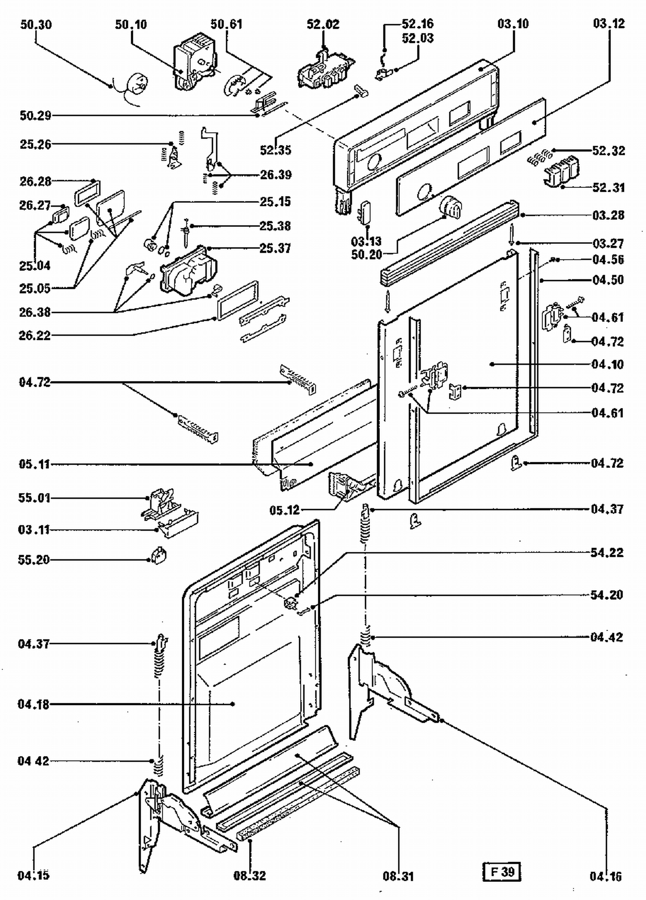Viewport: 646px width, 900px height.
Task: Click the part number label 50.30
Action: point(36,25)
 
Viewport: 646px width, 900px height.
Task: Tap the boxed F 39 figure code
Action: point(502,872)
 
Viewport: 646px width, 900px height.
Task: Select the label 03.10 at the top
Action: point(513,24)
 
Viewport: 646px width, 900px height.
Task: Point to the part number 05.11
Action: point(34,464)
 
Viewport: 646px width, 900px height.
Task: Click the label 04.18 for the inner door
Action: point(34,704)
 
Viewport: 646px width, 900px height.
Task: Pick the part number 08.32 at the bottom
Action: point(250,875)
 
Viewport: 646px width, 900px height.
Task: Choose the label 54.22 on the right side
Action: point(607,552)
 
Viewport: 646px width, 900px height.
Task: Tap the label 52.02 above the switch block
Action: point(323,24)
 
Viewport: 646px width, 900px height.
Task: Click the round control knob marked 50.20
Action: point(450,206)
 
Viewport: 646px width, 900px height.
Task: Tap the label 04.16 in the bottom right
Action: point(606,876)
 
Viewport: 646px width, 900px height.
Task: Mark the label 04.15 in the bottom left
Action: point(34,875)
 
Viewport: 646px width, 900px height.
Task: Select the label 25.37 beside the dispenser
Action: point(275,248)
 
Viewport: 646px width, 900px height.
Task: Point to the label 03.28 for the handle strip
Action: point(608,215)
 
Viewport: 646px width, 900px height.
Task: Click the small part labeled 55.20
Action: point(159,557)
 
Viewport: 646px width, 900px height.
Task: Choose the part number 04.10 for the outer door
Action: point(608,364)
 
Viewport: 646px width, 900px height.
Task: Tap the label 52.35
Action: point(276,150)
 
